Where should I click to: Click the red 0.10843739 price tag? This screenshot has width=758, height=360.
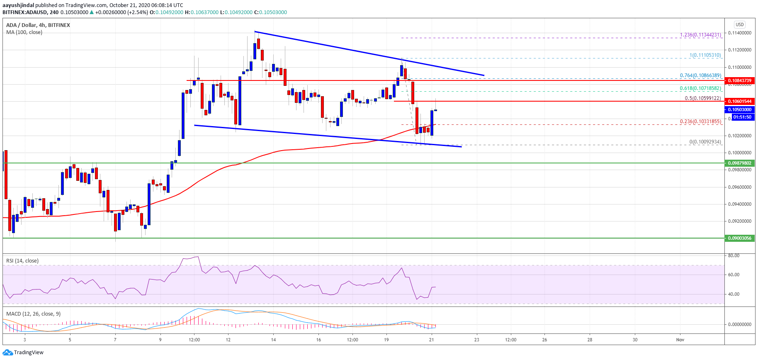coord(740,80)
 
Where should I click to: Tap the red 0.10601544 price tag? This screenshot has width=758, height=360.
coord(740,101)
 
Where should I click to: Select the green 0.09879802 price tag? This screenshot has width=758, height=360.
coord(740,163)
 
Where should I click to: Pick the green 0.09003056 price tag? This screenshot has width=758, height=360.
coord(740,238)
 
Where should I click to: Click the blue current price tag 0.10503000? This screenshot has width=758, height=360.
coord(740,109)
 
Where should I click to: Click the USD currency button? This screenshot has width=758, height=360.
coord(740,24)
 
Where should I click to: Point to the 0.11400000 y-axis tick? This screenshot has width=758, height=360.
coord(740,33)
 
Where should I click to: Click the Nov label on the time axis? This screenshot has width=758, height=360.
coord(680,340)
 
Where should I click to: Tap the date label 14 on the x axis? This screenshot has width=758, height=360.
coord(273,340)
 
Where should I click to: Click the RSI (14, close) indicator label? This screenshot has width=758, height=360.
coord(22,261)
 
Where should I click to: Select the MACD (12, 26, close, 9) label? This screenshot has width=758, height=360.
coord(33,314)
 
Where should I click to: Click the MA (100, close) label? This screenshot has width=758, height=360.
coord(24,32)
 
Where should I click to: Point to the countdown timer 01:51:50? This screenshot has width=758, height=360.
coord(742,117)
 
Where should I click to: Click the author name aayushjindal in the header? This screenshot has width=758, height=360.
coord(18,5)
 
